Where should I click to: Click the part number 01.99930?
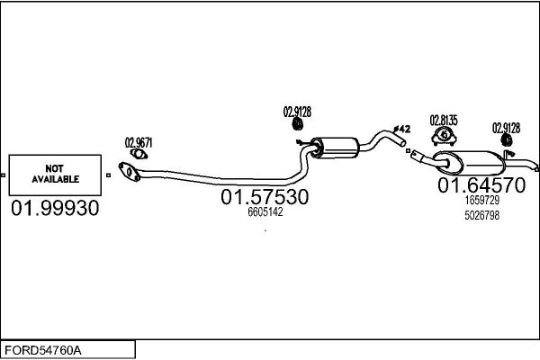click(55, 208)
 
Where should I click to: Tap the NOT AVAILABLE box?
click(55, 175)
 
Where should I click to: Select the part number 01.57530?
click(265, 197)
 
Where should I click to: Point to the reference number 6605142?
click(265, 211)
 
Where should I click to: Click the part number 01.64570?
click(481, 185)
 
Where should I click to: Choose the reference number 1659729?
click(481, 200)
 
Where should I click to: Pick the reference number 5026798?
click(481, 215)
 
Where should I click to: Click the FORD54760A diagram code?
click(43, 350)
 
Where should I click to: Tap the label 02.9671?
click(139, 142)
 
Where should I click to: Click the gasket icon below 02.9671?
click(139, 154)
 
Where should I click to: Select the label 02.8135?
click(444, 121)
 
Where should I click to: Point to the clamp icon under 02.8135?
click(444, 136)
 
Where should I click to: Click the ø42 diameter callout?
click(401, 130)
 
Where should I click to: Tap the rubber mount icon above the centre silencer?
click(298, 124)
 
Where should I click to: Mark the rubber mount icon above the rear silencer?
click(507, 139)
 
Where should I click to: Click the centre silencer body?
click(335, 148)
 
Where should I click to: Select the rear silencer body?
click(469, 163)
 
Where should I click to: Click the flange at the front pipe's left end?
click(129, 172)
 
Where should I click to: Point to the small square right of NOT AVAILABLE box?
click(108, 175)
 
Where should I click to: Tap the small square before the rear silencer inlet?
click(408, 151)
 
